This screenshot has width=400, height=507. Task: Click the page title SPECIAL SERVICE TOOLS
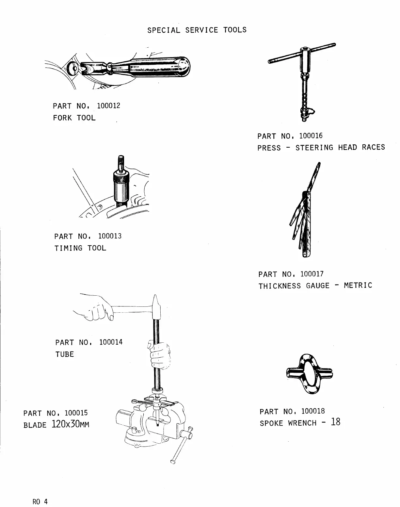197,30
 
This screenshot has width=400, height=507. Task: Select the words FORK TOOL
74,118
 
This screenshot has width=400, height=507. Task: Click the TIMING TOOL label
80,248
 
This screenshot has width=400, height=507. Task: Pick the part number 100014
111,342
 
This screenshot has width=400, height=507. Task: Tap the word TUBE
65,354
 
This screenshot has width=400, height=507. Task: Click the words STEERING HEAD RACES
340,148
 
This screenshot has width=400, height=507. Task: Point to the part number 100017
312,274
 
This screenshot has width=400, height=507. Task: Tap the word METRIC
358,286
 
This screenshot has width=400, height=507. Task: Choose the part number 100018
313,411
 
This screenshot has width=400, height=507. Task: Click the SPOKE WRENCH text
288,423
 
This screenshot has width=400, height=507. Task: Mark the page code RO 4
40,501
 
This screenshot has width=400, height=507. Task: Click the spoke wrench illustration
310,373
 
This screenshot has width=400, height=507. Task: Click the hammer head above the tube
155,307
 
